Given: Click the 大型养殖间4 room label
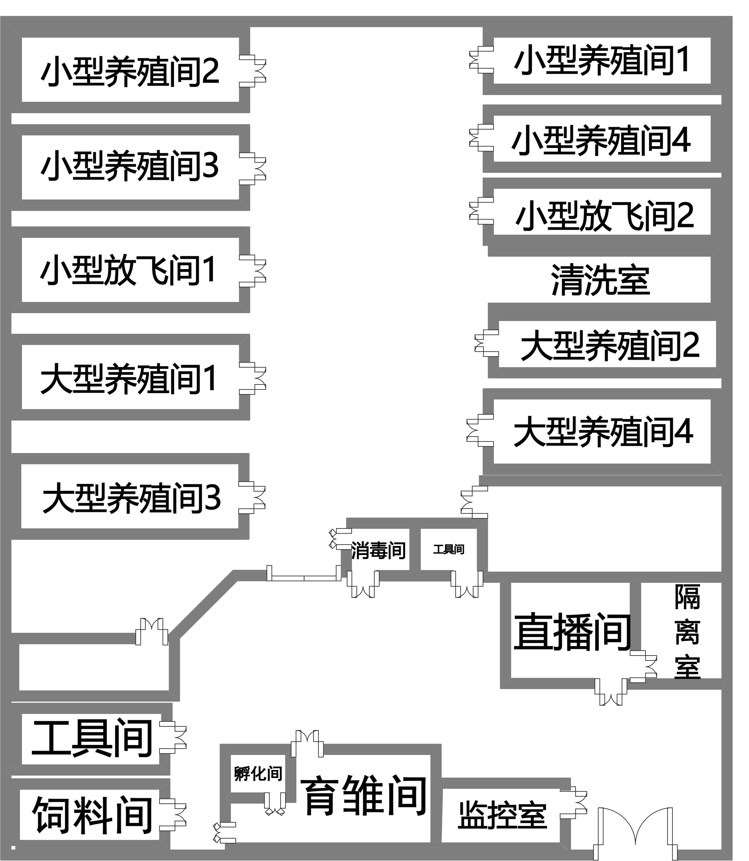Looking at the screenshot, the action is (x=603, y=432).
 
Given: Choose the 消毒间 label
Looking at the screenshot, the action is (x=378, y=551).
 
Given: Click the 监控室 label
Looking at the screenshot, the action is (x=502, y=815).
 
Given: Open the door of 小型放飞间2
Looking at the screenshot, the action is (x=481, y=211).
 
